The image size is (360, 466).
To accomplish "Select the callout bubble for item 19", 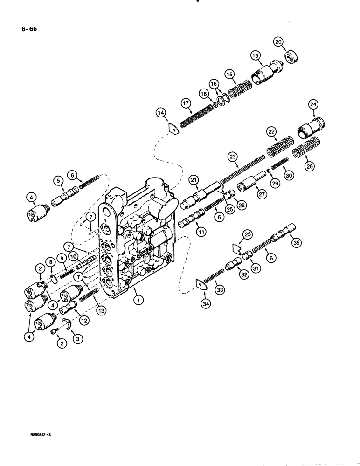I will [x=256, y=56].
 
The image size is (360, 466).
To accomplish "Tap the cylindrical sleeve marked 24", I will [x=310, y=125].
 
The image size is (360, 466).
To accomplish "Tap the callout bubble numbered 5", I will [x=58, y=180].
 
